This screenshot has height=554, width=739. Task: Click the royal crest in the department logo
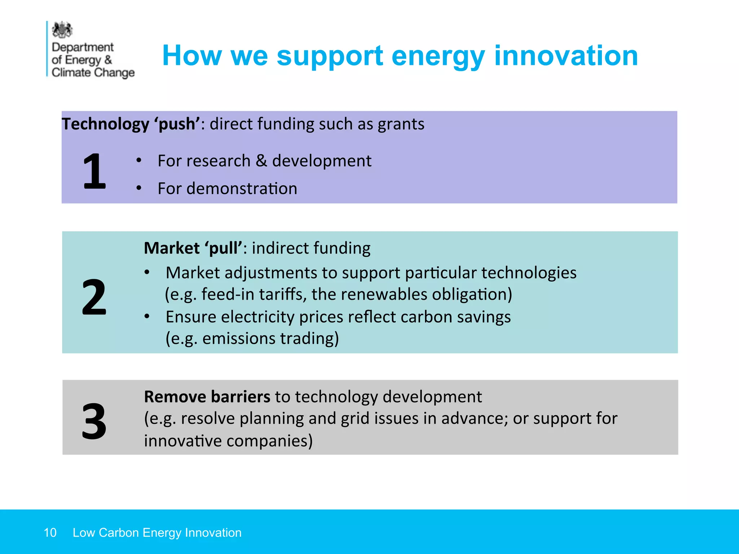tap(62, 30)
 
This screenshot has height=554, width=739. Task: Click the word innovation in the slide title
tap(566, 56)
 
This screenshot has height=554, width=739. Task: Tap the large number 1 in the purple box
tap(94, 171)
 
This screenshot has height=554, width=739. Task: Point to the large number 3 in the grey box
tap(94, 421)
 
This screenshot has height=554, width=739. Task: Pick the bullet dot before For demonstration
tap(139, 188)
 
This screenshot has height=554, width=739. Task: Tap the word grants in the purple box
tap(401, 124)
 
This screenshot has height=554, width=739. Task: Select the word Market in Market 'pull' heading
tap(171, 248)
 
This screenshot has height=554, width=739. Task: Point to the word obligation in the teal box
tap(472, 294)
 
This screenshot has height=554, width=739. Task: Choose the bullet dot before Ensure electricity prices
tap(147, 317)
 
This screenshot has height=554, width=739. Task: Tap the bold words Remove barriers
tap(207, 397)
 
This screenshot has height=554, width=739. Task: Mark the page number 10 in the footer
tap(50, 533)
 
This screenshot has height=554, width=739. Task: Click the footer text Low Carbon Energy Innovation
tap(157, 533)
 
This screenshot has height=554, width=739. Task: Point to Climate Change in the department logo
tap(93, 72)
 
